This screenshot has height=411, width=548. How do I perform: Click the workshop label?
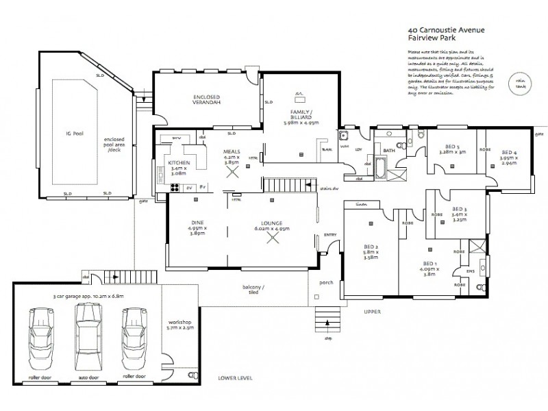click(179, 324)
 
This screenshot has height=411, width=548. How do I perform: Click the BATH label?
click(390, 150)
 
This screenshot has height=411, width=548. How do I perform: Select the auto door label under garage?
click(86, 376)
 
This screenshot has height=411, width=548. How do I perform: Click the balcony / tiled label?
click(253, 290)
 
